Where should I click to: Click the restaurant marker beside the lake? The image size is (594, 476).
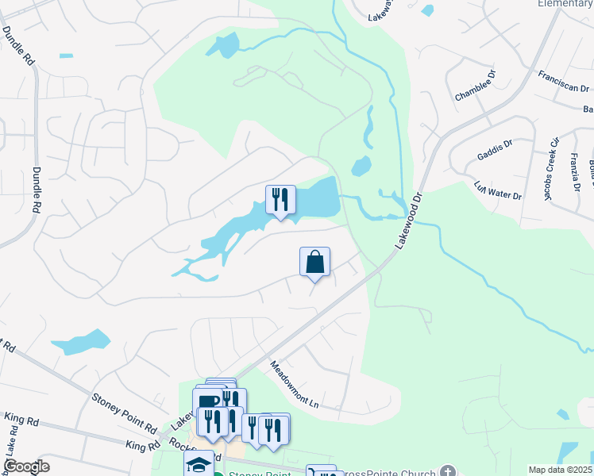coord(280,200)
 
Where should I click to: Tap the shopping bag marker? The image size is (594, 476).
coord(314,262)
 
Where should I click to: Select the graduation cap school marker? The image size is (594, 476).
coord(199,464)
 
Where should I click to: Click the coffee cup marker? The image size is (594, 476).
coord(207,401)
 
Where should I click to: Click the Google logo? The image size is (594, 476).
coord(25,466)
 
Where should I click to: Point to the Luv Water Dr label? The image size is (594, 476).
coord(497,191)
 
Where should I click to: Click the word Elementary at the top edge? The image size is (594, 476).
coord(565,4)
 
